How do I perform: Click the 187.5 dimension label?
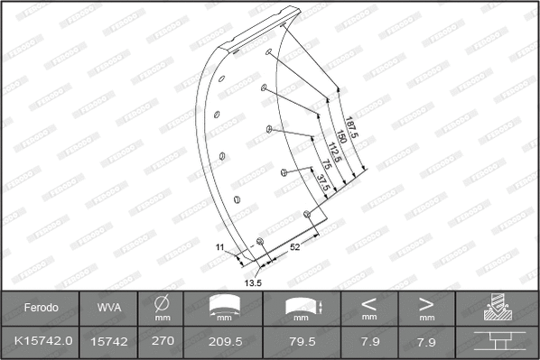tap(352, 130)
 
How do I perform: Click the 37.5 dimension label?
tap(321, 183)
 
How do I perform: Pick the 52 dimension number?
tap(295, 246)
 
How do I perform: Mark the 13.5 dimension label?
tap(254, 283)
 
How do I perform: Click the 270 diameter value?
tap(162, 340)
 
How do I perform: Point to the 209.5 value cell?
tap(226, 340)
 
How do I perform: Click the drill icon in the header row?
tap(497, 308)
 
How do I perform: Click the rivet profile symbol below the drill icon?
tap(497, 341)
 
